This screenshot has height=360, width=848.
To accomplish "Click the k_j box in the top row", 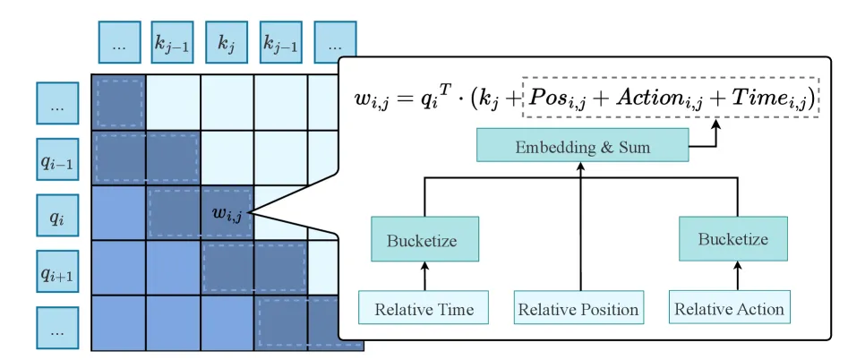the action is pyautogui.click(x=227, y=42).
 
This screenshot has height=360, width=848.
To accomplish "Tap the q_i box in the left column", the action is pyautogui.click(x=57, y=215).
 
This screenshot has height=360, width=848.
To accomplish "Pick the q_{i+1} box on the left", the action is pyautogui.click(x=57, y=271).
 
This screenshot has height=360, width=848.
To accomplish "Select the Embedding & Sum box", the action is pyautogui.click(x=582, y=144).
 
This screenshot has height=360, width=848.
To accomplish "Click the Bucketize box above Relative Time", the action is pyautogui.click(x=424, y=239).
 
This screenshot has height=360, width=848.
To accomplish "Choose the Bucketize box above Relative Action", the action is pyautogui.click(x=733, y=238).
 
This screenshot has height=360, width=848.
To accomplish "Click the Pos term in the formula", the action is pyautogui.click(x=553, y=99).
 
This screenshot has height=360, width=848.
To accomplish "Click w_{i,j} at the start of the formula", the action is pyautogui.click(x=373, y=100).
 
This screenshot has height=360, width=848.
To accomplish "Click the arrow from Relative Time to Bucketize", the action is pyautogui.click(x=424, y=276).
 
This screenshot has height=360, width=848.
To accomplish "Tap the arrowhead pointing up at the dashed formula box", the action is pyautogui.click(x=717, y=124).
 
